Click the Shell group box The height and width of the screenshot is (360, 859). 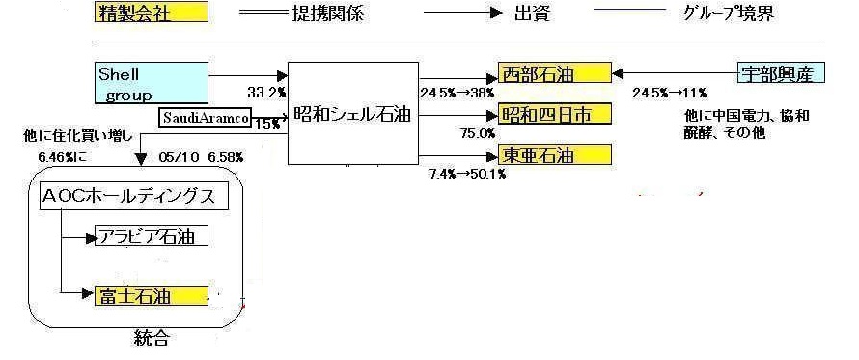click(152, 82)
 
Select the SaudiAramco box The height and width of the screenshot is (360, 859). click(205, 117)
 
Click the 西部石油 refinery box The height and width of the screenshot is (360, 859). click(554, 73)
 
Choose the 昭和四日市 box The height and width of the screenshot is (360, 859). click(554, 114)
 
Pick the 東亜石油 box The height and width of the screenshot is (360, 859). click(554, 154)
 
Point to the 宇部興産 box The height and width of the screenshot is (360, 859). click(781, 73)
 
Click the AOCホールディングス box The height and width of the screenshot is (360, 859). click(135, 197)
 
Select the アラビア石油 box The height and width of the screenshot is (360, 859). click(152, 236)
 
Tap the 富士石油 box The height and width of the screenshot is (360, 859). click(152, 296)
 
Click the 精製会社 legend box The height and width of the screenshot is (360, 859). click(152, 12)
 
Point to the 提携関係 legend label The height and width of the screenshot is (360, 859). click(327, 14)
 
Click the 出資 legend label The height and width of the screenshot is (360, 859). click(532, 14)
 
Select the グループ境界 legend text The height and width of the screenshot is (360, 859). click(729, 14)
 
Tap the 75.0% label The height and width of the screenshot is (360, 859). click(478, 133)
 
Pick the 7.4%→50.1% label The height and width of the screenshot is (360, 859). click(468, 175)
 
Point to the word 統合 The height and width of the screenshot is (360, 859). click(152, 338)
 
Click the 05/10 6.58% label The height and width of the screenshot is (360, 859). click(201, 158)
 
